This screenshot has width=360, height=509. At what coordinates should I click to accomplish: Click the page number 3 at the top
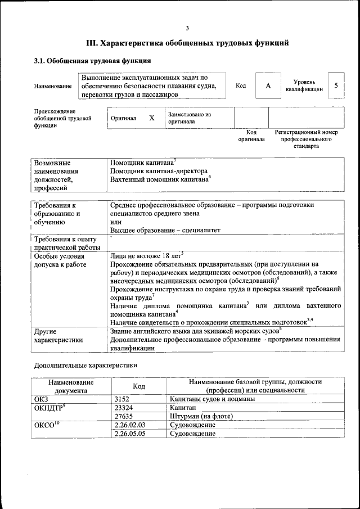coord(187,28)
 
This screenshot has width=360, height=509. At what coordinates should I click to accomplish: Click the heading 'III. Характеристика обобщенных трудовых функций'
coord(187,43)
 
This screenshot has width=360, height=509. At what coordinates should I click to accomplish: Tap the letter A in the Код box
coord(268,85)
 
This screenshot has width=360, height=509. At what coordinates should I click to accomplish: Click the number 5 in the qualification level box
coord(336,85)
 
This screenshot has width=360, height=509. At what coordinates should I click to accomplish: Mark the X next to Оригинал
coord(151,118)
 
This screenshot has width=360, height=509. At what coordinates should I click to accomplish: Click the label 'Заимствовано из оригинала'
coord(189,118)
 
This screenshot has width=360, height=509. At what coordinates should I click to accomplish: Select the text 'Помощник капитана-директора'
coord(159,171)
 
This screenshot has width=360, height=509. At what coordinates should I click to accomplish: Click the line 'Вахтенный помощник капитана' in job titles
coord(159,179)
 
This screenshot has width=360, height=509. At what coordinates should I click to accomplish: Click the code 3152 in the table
coord(122,399)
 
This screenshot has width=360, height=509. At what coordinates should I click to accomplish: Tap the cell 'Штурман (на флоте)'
coord(201,416)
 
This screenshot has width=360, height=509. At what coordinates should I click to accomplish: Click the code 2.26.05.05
coord(129,434)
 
